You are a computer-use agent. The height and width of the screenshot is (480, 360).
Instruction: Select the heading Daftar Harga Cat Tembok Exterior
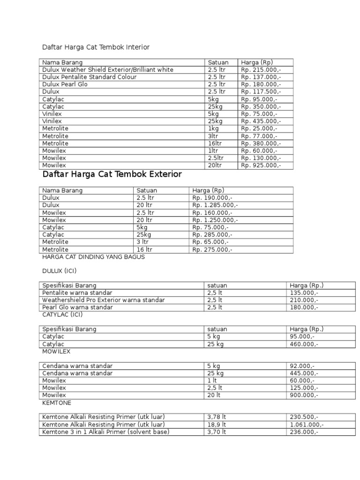click(x=112, y=174)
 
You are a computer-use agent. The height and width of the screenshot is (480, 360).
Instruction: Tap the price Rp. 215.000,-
click(x=261, y=70)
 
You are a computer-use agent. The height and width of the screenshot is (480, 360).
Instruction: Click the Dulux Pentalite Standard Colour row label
click(x=89, y=77)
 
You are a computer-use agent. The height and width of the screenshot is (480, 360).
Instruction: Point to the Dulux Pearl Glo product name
click(x=65, y=84)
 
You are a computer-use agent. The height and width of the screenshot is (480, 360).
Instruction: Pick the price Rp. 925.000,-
click(x=261, y=165)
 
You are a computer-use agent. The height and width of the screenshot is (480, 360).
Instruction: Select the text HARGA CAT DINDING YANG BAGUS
click(x=93, y=257)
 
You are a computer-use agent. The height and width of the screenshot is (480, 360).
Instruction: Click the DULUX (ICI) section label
click(x=59, y=271)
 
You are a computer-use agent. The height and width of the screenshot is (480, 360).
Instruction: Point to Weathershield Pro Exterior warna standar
click(x=104, y=300)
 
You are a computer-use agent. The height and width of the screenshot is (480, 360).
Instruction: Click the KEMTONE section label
click(x=57, y=403)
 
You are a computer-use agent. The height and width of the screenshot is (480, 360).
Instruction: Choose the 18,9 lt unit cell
click(x=217, y=425)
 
